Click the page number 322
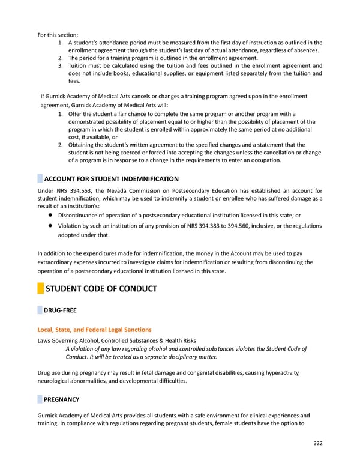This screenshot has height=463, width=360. (x=318, y=444)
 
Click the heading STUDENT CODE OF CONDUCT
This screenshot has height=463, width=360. (x=101, y=289)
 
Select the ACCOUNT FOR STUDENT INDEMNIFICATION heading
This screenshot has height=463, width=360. (x=111, y=179)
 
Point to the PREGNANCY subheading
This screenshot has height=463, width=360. (x=61, y=399)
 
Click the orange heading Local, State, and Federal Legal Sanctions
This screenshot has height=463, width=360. (x=94, y=330)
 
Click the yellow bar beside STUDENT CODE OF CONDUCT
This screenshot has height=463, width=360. (x=40, y=289)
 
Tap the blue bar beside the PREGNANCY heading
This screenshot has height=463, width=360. (x=40, y=399)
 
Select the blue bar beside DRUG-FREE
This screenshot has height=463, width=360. (x=40, y=310)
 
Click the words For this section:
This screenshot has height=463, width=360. (x=58, y=35)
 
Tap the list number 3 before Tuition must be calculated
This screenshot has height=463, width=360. (x=61, y=66)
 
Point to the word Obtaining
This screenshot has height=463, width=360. (x=83, y=145)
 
